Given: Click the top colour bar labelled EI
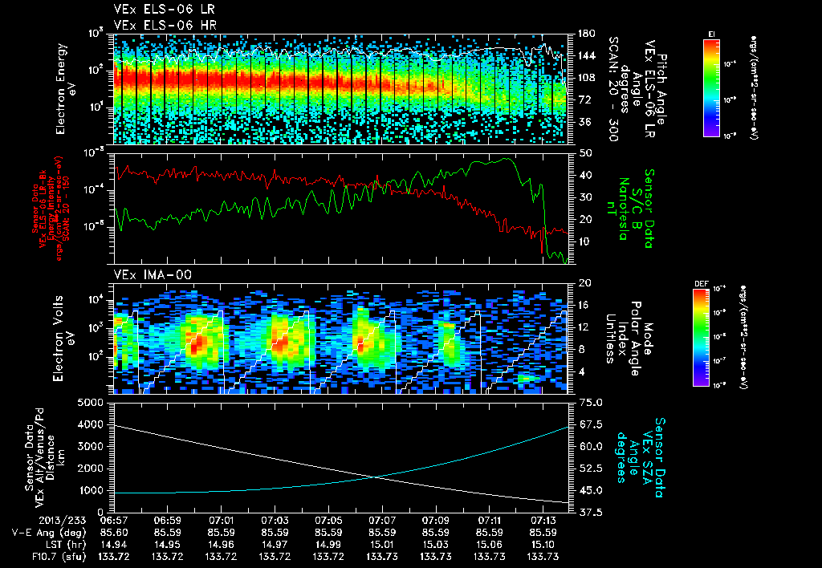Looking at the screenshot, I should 711,87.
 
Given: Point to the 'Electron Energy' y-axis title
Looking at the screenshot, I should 59,88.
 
